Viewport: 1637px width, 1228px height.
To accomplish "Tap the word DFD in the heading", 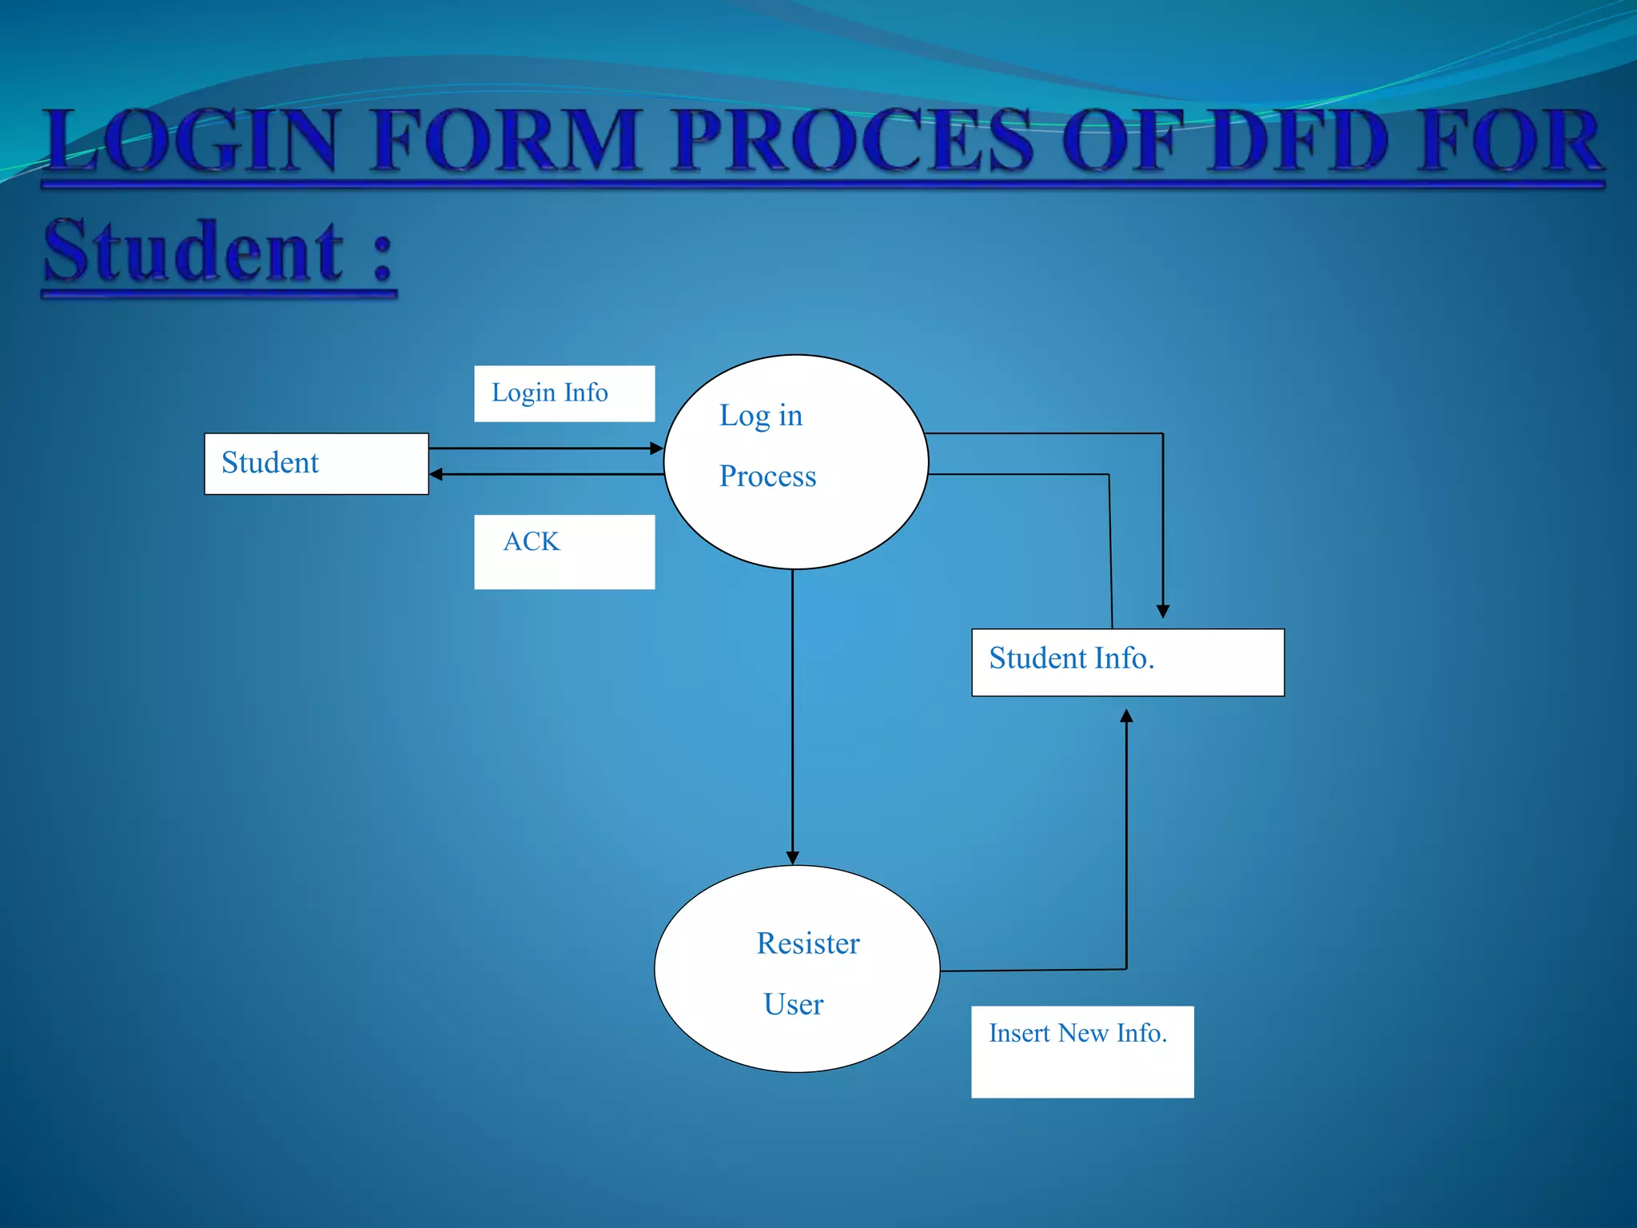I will coord(1297,142).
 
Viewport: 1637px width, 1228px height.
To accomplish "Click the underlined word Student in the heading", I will coord(194,253).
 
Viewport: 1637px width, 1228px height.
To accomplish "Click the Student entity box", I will coord(317,464).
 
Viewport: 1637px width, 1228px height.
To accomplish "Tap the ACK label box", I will coord(564,552).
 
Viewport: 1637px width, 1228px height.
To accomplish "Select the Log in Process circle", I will coord(796,462).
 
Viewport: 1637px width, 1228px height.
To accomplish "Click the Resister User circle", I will coord(797,969).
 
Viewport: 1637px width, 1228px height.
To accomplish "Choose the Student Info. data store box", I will coord(1127,662).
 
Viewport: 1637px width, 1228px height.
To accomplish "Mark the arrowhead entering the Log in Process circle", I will coord(656,449).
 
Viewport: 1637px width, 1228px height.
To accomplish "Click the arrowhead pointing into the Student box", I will coord(436,475).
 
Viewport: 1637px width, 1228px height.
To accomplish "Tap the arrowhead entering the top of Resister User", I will coord(793,857).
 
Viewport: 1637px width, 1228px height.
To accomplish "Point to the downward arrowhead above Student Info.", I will coord(1163,611).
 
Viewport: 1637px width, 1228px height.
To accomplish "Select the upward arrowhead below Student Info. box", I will coord(1126,716).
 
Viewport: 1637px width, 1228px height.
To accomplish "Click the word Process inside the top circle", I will coord(767,476).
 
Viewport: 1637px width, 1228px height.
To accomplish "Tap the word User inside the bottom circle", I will coord(793,1004).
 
